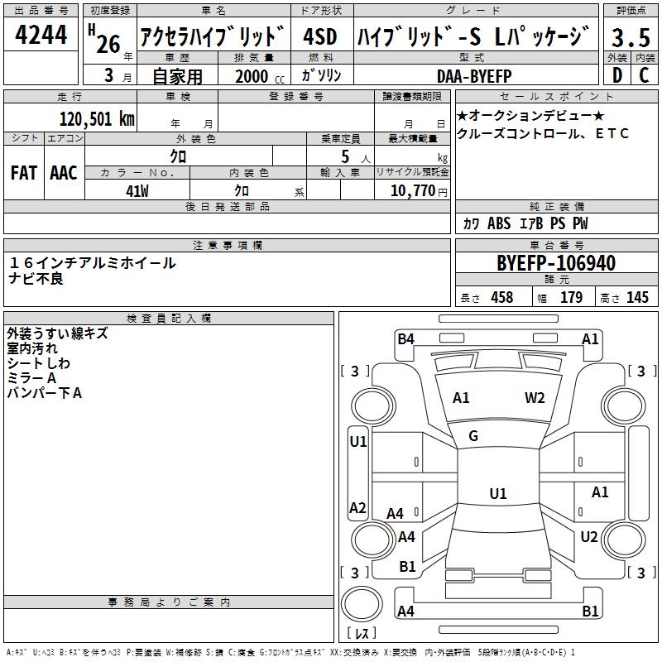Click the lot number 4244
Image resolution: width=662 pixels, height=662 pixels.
coord(41,35)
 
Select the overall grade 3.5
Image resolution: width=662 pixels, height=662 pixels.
coord(631,37)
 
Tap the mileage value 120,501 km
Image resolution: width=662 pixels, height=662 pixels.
coord(97,119)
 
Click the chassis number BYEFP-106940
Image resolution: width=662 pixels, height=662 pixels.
coord(556,263)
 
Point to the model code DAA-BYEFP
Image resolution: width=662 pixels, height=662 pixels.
coord(474,76)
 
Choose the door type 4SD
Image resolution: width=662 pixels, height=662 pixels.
coord(320,36)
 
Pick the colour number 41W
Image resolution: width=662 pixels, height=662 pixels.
coord(137,191)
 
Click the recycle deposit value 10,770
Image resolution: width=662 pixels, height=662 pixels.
coord(412,191)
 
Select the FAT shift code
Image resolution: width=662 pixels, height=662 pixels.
coord(24,173)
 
